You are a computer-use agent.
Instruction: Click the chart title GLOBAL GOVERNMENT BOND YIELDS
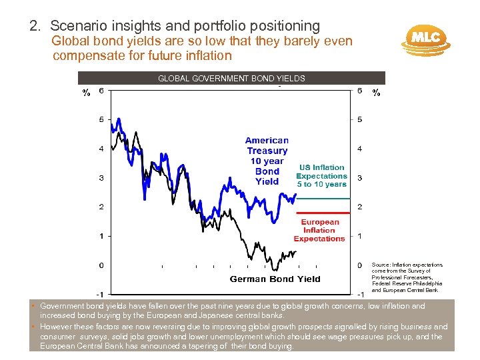[x=231, y=78]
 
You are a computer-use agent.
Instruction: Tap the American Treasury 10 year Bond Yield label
[x=267, y=161]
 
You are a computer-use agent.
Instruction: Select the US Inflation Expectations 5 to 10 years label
[x=322, y=176]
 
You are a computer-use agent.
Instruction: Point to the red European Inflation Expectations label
[x=319, y=231]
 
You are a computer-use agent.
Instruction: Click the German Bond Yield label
[x=275, y=279]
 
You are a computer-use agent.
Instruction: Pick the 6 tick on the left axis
[x=101, y=91]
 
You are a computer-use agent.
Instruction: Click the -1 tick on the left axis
[x=98, y=294]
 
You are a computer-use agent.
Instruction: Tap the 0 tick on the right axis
[x=359, y=265]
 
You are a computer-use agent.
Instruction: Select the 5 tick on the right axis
[x=359, y=120]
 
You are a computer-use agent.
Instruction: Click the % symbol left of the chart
[x=86, y=93]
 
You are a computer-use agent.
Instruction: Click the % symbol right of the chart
[x=377, y=93]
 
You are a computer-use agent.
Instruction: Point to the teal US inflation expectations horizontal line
[x=323, y=199]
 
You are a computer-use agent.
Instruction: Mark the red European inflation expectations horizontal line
[x=323, y=213]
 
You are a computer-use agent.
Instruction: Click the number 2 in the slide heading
[x=33, y=26]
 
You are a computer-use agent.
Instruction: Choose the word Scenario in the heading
[x=77, y=26]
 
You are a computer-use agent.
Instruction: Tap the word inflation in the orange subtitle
[x=202, y=55]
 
